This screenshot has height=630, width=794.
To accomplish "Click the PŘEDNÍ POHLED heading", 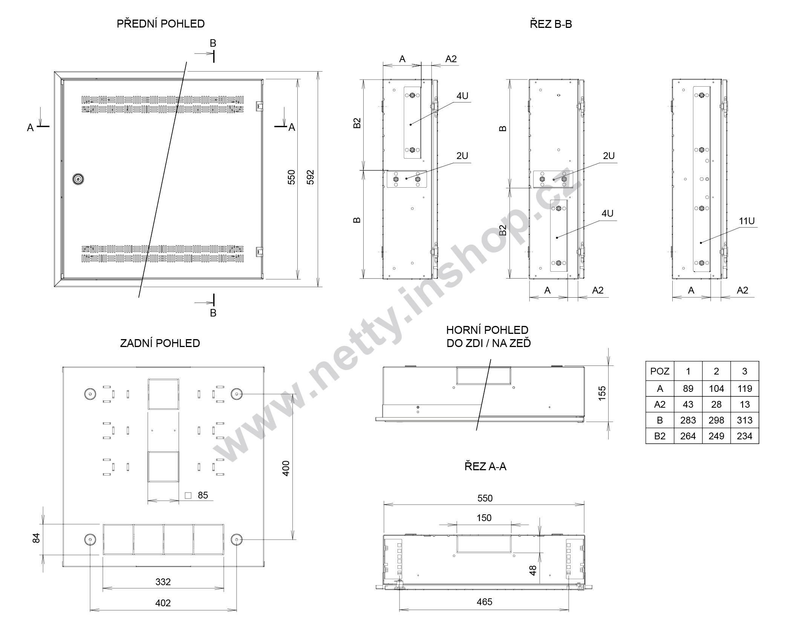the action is [161, 24].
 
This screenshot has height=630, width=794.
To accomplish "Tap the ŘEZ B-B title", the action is [551, 24].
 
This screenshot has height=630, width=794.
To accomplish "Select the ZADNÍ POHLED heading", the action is [160, 343].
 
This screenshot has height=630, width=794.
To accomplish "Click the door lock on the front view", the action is [78, 179].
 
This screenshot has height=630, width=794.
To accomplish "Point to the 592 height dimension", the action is [310, 177].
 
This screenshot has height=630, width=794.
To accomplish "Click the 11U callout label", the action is [747, 221].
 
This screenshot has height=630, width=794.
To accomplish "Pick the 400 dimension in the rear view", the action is [286, 468].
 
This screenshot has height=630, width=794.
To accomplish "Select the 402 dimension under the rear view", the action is [163, 603].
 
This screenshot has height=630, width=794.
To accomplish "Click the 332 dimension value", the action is [163, 582].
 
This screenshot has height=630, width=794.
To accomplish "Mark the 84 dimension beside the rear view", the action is [36, 538].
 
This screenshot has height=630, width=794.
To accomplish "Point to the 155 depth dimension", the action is [602, 393].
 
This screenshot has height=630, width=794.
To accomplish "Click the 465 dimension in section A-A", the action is [484, 602].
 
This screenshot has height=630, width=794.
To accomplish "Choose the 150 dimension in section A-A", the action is [484, 518].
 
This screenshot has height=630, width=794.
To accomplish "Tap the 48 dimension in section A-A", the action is [533, 570].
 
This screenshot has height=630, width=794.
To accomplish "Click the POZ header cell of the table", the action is [660, 372].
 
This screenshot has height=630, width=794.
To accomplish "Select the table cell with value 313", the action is [745, 420].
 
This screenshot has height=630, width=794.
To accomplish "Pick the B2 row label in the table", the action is [660, 436].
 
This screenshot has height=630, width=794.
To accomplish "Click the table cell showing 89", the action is [688, 389].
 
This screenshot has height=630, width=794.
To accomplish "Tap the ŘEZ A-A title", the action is [485, 467].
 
